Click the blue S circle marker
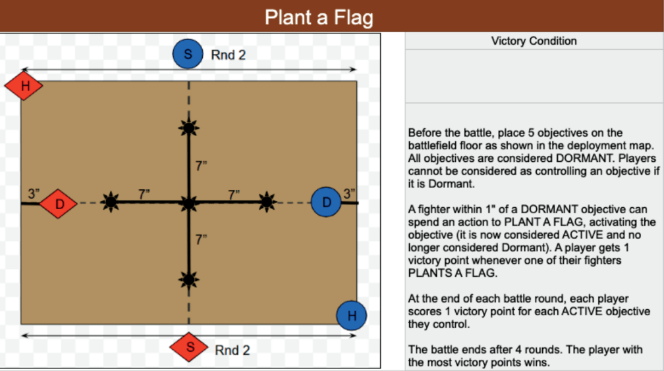click(x=188, y=55)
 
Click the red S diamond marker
click(x=190, y=348)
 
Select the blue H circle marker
click(x=352, y=316)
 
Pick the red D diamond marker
click(x=59, y=204)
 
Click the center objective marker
click(x=189, y=203)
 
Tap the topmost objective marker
click(x=189, y=128)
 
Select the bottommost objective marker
click(x=189, y=280)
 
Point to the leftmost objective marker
click(x=111, y=203)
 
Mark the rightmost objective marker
click(x=266, y=202)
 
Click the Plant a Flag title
click(x=319, y=17)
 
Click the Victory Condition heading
click(x=534, y=41)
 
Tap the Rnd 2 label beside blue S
click(x=229, y=55)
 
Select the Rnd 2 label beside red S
click(x=232, y=351)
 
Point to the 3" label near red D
click(x=34, y=194)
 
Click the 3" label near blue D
click(x=350, y=194)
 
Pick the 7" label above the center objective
click(x=202, y=166)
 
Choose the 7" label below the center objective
click(x=202, y=239)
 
